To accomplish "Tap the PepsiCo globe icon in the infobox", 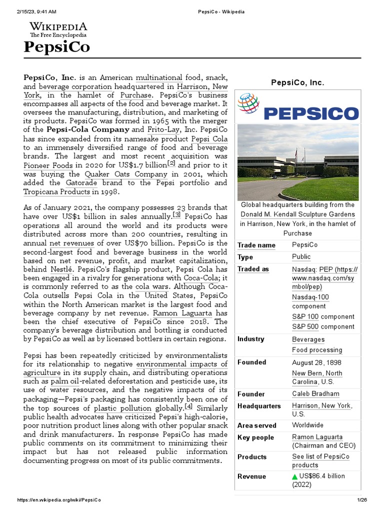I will click(248, 103).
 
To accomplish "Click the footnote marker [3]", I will click(176, 215).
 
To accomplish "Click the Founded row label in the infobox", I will click(252, 362).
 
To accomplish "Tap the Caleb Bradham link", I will click(315, 394).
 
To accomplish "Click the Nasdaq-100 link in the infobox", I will click(310, 297).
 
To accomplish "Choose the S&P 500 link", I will click(305, 326).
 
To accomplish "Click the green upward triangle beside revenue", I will click(295, 476).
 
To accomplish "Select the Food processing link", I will click(317, 350).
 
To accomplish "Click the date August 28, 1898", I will click(317, 362).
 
